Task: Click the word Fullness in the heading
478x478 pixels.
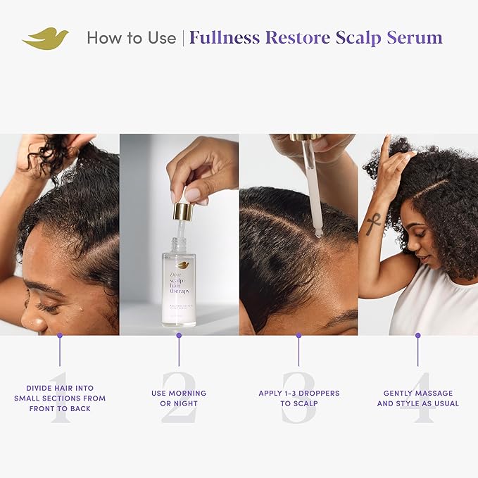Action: tap(224, 37)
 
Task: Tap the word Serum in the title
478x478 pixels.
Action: tap(415, 37)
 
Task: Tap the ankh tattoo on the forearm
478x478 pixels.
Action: tap(374, 225)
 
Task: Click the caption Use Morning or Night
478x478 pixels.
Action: tap(179, 398)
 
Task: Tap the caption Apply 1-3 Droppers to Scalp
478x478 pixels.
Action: tap(298, 398)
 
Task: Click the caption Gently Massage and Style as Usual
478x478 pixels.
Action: tap(417, 398)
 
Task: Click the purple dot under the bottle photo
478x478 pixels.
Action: tap(179, 335)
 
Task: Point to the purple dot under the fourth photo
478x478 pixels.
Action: tap(417, 335)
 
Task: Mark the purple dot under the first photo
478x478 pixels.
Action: tap(60, 335)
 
